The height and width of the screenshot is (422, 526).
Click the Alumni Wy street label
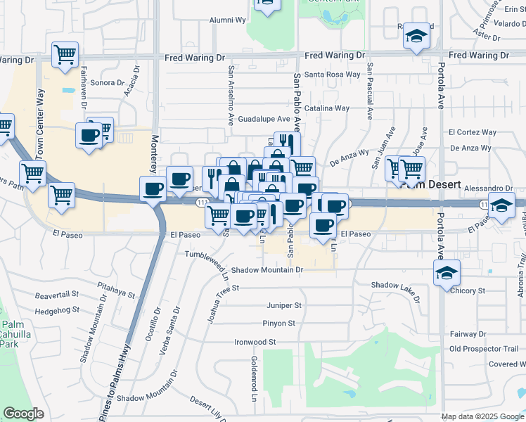(x=226, y=20)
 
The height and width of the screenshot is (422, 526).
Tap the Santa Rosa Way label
(x=333, y=75)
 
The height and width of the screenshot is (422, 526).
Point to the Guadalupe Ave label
(x=264, y=119)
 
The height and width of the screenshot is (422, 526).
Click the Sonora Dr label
(x=107, y=82)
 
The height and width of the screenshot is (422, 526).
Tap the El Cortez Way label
(x=473, y=132)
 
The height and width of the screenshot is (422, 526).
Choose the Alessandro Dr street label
(x=488, y=188)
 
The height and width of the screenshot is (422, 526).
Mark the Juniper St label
(x=284, y=306)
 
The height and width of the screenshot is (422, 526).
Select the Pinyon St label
(x=281, y=324)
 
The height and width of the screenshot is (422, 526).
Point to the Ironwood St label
(x=255, y=342)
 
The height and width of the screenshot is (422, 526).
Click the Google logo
(x=24, y=413)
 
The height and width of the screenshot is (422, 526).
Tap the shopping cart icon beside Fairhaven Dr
(x=65, y=54)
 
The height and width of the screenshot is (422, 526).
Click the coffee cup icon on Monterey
(x=153, y=188)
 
